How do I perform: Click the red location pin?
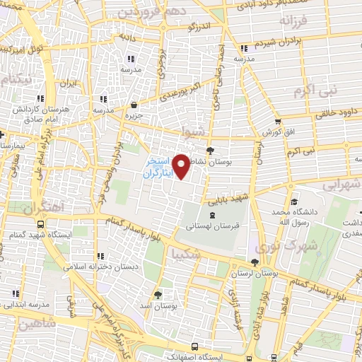(182, 166)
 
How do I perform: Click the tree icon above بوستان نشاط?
(210, 150)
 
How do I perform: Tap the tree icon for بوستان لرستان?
(255, 262)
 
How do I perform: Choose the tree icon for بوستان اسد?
(157, 293)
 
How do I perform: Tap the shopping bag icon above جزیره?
(130, 103)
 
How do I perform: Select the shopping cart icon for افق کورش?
(277, 121)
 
